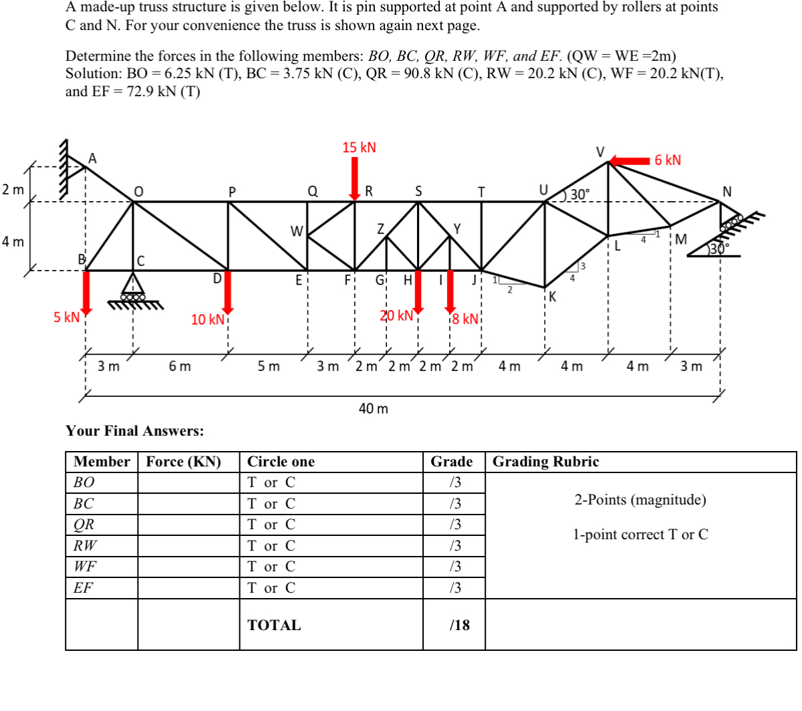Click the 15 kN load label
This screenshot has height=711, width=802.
tap(359, 148)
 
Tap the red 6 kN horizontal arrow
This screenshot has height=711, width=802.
tap(630, 160)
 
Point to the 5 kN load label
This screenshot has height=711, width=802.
tap(66, 317)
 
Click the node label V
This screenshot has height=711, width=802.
tap(600, 152)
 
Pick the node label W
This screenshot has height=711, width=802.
tap(297, 231)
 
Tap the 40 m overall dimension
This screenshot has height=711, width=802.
tap(373, 408)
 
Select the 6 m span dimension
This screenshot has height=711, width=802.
tap(180, 366)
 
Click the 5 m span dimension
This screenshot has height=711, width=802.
tap(269, 366)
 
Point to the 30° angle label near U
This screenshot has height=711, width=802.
tap(579, 194)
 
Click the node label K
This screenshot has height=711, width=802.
tap(553, 297)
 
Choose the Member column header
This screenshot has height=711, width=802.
tap(102, 462)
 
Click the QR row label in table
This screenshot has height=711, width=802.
tap(84, 525)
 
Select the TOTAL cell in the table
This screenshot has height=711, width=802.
tap(274, 625)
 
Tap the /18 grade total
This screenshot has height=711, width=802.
tap(460, 625)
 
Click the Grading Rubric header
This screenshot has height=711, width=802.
tap(545, 462)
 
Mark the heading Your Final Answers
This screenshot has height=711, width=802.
tap(135, 431)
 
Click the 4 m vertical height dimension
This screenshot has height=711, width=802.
tap(12, 241)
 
